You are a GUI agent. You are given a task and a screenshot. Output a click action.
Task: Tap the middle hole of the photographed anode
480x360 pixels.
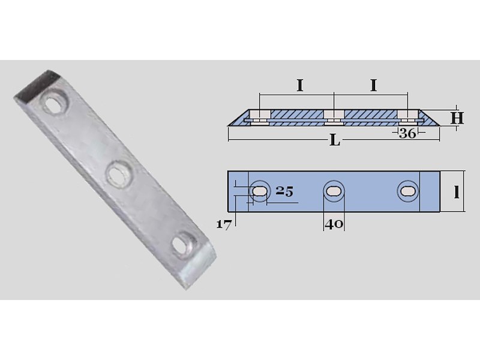pyautogui.click(x=116, y=174)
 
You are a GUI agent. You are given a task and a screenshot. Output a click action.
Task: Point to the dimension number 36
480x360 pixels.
pyautogui.click(x=407, y=133)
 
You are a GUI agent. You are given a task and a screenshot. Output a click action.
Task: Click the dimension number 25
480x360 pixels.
pyautogui.click(x=284, y=191)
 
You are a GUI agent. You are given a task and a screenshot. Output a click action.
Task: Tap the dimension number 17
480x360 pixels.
pyautogui.click(x=223, y=224)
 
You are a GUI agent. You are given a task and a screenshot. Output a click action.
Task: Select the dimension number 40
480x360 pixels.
pyautogui.click(x=334, y=224)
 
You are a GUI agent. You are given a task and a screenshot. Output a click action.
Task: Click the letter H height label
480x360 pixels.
pyautogui.click(x=457, y=118)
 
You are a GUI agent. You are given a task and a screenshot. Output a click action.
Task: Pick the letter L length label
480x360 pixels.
pyautogui.click(x=335, y=141)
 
